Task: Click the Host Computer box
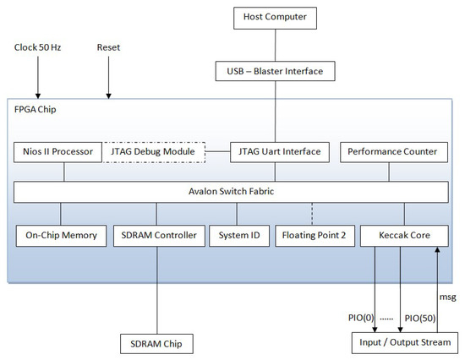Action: point(275,18)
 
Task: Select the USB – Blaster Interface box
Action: point(276,71)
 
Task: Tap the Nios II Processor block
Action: point(57,152)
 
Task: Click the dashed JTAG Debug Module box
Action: point(153,152)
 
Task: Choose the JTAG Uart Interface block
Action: point(280,152)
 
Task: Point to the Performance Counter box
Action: point(394,152)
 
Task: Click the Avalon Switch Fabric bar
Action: point(231,192)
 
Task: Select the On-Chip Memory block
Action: point(61,236)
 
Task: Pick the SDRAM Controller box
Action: point(159,236)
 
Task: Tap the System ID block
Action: point(239,236)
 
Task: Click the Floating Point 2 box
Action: point(315,236)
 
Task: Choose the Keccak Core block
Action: point(404,236)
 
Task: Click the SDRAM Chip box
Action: point(156,344)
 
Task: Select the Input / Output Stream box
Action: point(405,343)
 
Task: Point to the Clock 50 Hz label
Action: point(38,47)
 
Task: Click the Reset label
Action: point(108,47)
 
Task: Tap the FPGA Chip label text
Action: point(35,109)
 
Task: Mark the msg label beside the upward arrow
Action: point(447,297)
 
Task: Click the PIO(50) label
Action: point(420,319)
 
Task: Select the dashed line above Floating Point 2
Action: point(312,214)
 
